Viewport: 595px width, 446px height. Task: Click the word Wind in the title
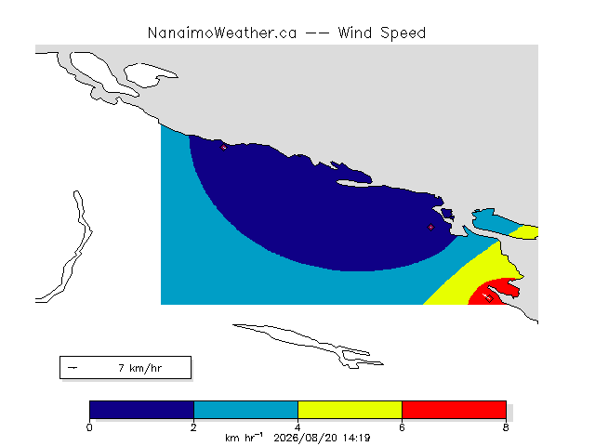pyautogui.click(x=355, y=33)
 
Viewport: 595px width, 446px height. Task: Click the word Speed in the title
pyautogui.click(x=403, y=33)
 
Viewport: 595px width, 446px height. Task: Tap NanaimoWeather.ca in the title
pyautogui.click(x=222, y=33)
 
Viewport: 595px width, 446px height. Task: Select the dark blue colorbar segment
pyautogui.click(x=142, y=410)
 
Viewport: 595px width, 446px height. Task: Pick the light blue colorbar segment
pyautogui.click(x=245, y=410)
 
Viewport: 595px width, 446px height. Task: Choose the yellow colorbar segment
pyautogui.click(x=350, y=410)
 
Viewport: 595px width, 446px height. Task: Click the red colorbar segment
pyautogui.click(x=455, y=410)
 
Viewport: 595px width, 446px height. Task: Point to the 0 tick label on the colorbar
pyautogui.click(x=89, y=427)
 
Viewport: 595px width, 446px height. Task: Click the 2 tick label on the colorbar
pyautogui.click(x=194, y=427)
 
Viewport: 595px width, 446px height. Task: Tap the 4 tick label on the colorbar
pyautogui.click(x=297, y=427)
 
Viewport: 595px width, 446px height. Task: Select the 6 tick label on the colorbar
pyautogui.click(x=402, y=427)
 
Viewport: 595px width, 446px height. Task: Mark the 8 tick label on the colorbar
pyautogui.click(x=506, y=427)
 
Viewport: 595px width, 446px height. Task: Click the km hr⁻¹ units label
pyautogui.click(x=244, y=438)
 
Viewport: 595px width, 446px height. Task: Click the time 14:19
pyautogui.click(x=356, y=438)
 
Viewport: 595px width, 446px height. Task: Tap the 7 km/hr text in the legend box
pyautogui.click(x=140, y=368)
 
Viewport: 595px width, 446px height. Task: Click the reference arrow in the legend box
pyautogui.click(x=73, y=368)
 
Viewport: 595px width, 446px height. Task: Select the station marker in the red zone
pyautogui.click(x=489, y=299)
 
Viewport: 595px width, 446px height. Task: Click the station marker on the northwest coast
pyautogui.click(x=223, y=148)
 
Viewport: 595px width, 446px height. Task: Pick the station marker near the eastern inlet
pyautogui.click(x=430, y=227)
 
